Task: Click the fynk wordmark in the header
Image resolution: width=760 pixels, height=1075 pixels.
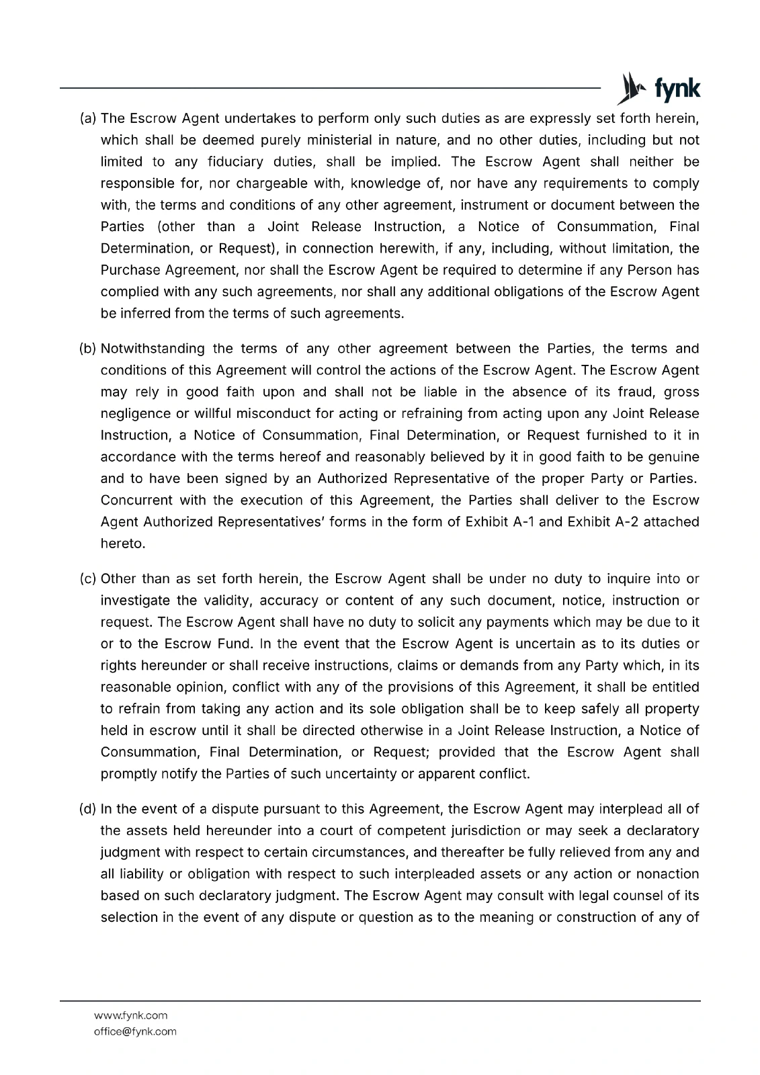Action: (677, 89)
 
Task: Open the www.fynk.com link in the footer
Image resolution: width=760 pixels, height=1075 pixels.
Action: (130, 1015)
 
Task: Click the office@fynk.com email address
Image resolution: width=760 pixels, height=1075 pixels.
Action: (135, 1031)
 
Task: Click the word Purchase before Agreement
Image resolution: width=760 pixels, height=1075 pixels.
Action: (130, 270)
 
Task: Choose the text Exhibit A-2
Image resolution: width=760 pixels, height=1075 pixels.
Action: (603, 522)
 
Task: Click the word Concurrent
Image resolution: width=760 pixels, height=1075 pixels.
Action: (132, 501)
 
